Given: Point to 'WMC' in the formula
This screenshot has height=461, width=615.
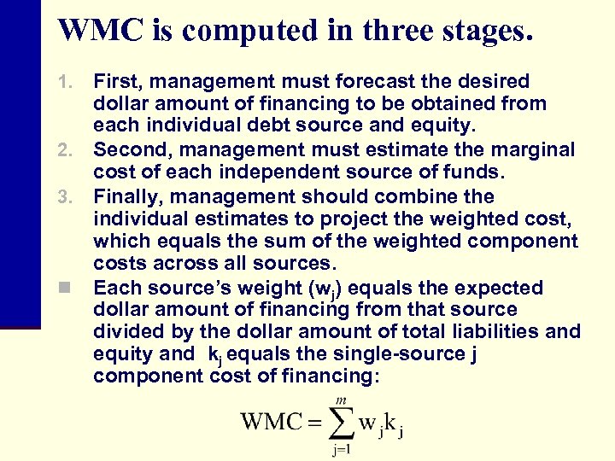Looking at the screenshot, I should coord(271,422).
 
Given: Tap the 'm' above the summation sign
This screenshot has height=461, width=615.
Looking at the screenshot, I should coord(340,398).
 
